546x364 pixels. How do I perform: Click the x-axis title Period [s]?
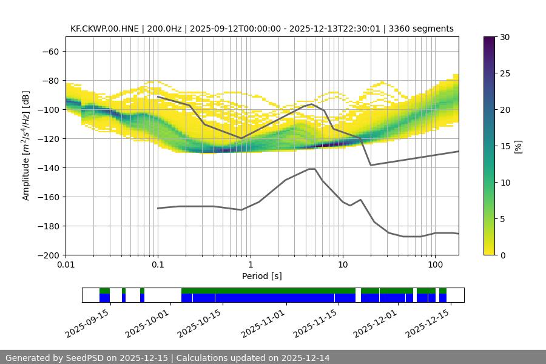[262, 277]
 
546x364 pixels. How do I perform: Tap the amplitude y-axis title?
[25, 146]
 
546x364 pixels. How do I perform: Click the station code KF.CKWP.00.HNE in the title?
[104, 29]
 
